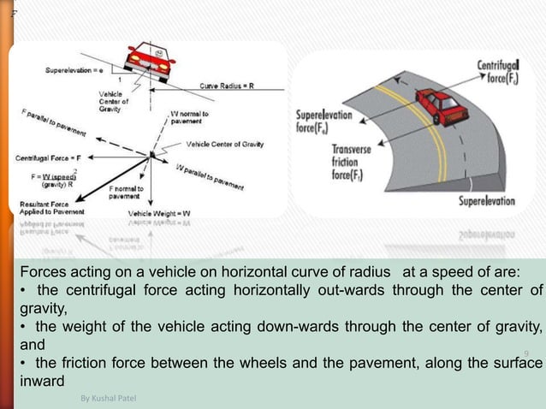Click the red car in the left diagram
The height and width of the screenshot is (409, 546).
click(148, 61)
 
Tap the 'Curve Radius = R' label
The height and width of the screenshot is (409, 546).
click(229, 86)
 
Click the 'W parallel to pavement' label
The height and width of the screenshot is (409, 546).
click(208, 175)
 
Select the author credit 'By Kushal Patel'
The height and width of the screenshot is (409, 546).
click(108, 399)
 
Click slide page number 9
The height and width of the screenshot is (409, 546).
click(526, 353)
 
